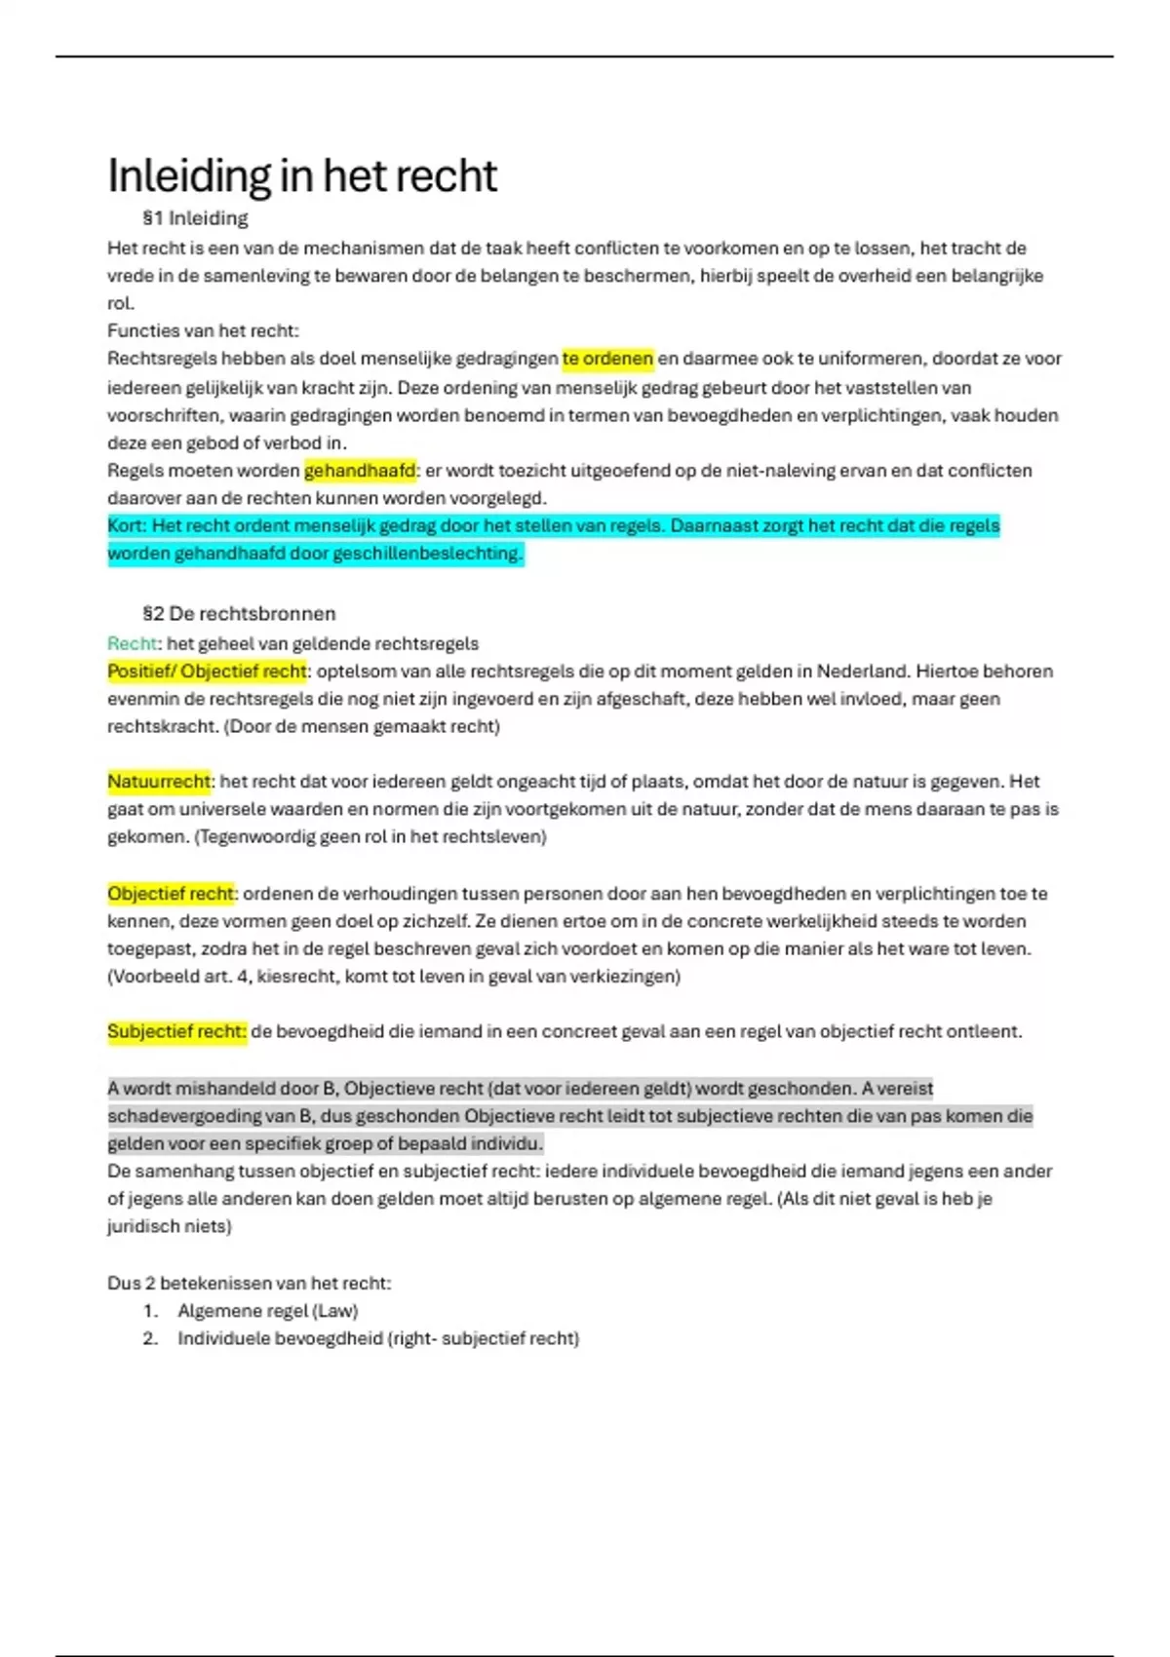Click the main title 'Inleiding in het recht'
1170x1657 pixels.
[301, 176]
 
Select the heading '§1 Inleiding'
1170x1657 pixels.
[195, 218]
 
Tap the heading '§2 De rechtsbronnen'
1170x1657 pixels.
[239, 614]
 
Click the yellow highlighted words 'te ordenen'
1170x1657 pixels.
[607, 359]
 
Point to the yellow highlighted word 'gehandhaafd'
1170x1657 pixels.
[360, 471]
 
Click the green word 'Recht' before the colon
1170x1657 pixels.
[132, 643]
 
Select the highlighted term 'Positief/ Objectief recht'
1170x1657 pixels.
[207, 672]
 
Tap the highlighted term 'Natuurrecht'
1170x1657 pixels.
[158, 782]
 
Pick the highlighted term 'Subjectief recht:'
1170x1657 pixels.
[176, 1032]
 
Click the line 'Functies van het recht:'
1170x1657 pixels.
[203, 330]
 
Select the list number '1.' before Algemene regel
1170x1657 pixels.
[150, 1311]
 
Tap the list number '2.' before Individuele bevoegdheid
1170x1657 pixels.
[150, 1338]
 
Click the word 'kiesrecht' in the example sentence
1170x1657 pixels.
[294, 977]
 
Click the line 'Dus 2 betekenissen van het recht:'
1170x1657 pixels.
[249, 1284]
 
